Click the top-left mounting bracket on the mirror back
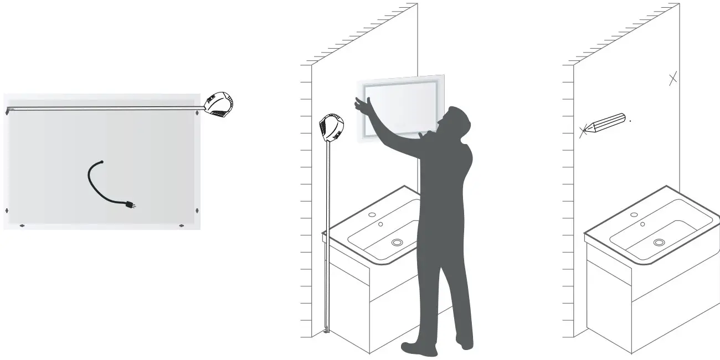tap(7, 112)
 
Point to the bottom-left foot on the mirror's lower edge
tap(22, 225)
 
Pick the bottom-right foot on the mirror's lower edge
tap(181, 225)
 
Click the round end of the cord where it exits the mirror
tap(101, 162)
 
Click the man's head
tap(457, 118)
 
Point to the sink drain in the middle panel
tap(397, 242)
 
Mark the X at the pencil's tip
tap(583, 132)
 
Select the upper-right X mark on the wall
tap(672, 79)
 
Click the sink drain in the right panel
tap(659, 242)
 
